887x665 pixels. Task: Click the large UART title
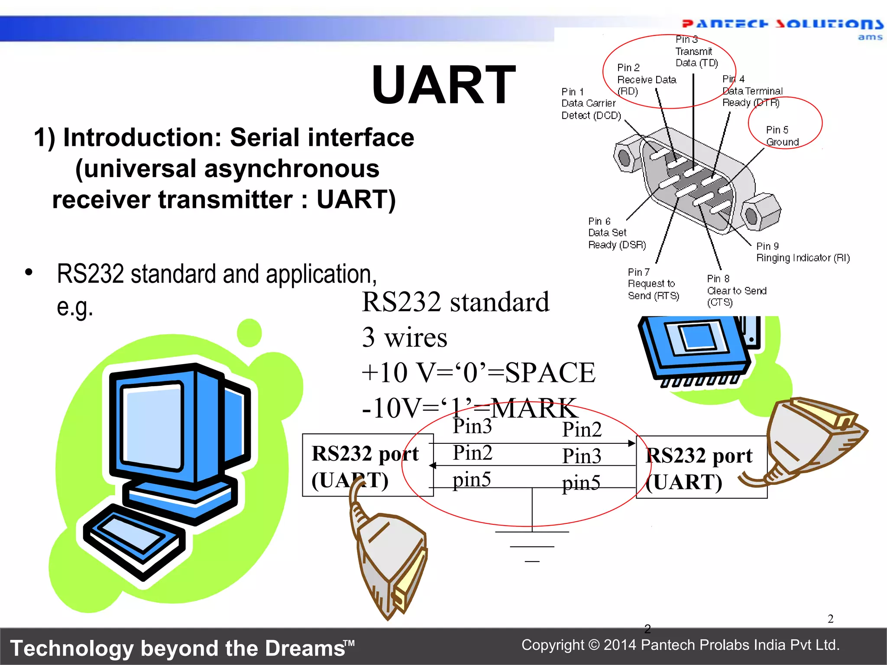click(443, 85)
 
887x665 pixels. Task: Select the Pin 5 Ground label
click(782, 136)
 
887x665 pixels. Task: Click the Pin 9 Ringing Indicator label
click(803, 252)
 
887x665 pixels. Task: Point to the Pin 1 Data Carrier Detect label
click(591, 103)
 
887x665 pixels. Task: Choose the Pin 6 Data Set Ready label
click(617, 233)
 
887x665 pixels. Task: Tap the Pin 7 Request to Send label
click(653, 284)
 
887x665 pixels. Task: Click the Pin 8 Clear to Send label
click(736, 291)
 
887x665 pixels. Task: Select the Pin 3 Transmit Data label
click(696, 52)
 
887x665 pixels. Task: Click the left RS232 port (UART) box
click(367, 465)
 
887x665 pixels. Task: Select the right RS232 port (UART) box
click(701, 468)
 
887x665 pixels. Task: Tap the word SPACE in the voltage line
click(550, 372)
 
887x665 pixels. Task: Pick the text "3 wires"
click(405, 337)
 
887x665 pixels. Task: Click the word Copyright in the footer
click(553, 645)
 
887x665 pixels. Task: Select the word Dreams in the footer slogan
click(305, 649)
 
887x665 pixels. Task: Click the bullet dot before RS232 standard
click(29, 272)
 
